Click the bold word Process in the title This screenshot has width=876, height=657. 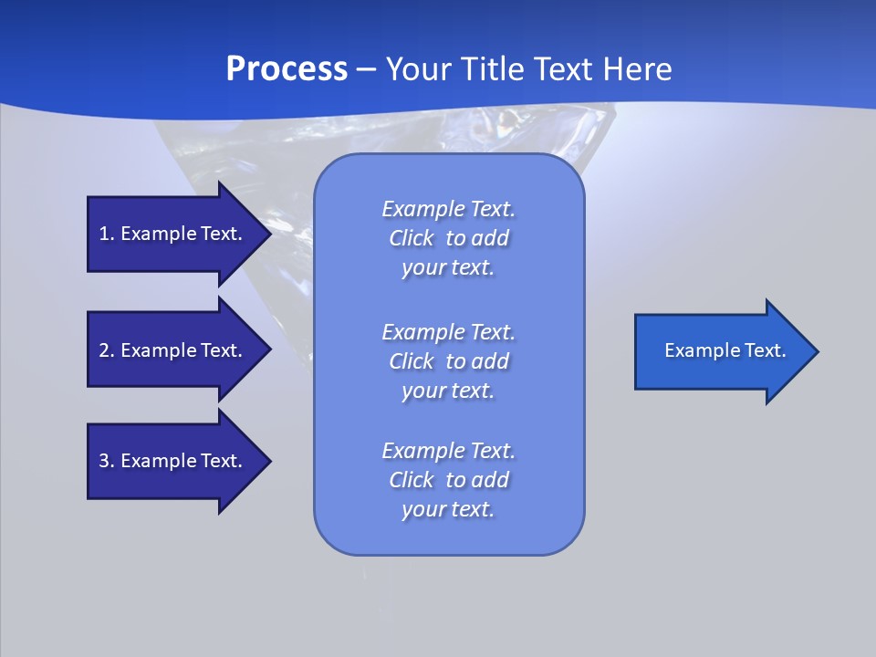tap(287, 69)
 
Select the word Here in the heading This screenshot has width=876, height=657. tap(638, 69)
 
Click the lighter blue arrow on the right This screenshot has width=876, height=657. tap(721, 351)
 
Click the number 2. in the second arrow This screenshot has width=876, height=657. tap(107, 350)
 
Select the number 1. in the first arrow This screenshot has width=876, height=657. tap(107, 234)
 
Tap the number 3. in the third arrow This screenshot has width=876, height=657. tap(107, 461)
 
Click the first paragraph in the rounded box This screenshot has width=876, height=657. tap(448, 238)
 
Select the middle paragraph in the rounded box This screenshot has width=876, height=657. tap(448, 361)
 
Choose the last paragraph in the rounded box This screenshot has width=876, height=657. tap(448, 480)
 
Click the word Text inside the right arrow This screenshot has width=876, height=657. tap(764, 350)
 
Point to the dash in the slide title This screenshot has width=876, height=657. tap(366, 69)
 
